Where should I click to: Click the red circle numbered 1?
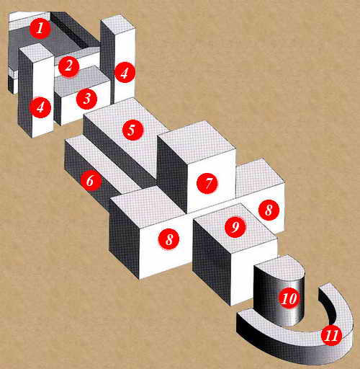40,28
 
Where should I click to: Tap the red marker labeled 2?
68,66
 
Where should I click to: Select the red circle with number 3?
86,99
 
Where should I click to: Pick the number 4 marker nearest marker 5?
125,73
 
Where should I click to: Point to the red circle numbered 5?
132,130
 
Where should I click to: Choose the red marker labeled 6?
91,180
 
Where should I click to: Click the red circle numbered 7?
207,183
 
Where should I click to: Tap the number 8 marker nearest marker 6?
168,239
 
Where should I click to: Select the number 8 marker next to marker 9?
269,210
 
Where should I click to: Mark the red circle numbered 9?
235,227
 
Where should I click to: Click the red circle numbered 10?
289,298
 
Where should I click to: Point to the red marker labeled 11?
332,335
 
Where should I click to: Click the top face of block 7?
197,142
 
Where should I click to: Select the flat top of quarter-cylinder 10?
279,269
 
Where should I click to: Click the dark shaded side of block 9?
212,262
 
